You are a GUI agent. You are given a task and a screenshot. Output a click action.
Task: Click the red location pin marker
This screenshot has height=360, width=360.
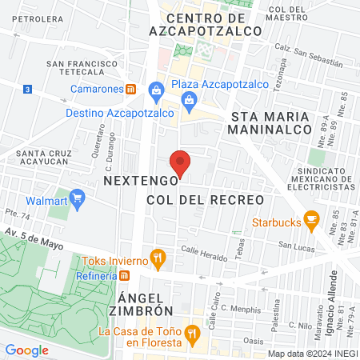(x=181, y=162)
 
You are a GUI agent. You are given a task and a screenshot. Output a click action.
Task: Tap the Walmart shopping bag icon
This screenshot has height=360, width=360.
(x=78, y=197)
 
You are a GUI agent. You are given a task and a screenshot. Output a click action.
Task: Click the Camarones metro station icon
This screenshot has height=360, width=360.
(x=131, y=89)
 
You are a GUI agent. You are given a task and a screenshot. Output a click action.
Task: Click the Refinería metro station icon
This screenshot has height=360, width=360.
(x=125, y=276)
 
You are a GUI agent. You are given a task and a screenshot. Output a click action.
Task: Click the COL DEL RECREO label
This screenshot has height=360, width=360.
(x=206, y=198)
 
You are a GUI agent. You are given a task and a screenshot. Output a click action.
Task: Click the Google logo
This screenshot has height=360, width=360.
(x=26, y=350)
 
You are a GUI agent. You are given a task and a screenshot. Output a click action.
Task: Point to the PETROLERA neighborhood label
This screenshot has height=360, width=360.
(x=38, y=18)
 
